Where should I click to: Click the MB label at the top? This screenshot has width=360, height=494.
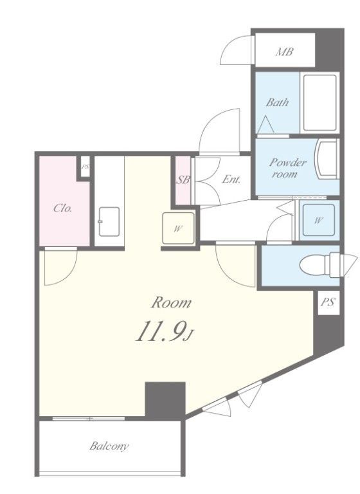(x=284, y=51)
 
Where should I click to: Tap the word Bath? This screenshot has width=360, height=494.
(x=277, y=102)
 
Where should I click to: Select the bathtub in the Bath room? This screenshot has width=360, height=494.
(x=319, y=103)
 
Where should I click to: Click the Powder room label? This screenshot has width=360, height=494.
(x=287, y=169)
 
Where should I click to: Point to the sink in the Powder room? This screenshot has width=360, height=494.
(x=327, y=160)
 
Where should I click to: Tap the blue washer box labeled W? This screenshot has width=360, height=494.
(x=318, y=220)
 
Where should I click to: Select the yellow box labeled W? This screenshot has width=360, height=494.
(x=178, y=228)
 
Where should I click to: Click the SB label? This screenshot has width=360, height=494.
(x=183, y=180)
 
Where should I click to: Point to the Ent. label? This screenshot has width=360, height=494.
(x=231, y=179)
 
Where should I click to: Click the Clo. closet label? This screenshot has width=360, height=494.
(x=63, y=208)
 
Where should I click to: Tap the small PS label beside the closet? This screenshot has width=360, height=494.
(x=85, y=167)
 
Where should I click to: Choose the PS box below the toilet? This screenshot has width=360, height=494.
(x=328, y=302)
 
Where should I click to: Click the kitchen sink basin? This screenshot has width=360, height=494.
(x=109, y=221)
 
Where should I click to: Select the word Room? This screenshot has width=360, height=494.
(x=171, y=303)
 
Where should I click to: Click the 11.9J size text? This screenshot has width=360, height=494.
(x=164, y=332)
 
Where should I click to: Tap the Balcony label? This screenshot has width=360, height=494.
(x=109, y=446)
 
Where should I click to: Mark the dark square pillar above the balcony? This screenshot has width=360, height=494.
(x=165, y=401)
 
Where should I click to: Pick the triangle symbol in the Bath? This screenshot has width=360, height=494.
(x=265, y=124)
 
